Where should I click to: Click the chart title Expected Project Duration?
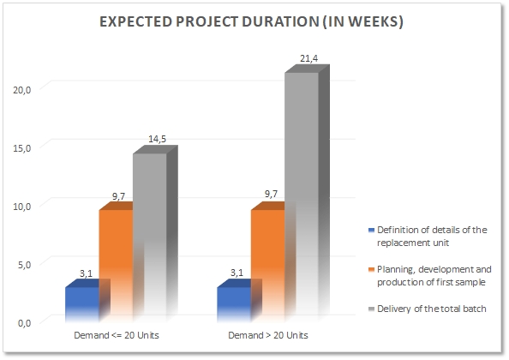point(251,21)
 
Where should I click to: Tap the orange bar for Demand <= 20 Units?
point(117,262)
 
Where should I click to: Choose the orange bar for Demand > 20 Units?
point(268,262)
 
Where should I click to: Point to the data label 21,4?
point(309,58)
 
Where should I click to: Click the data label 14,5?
point(157,139)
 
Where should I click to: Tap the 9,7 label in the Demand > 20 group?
point(271,194)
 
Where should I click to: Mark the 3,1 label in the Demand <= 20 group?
point(86,273)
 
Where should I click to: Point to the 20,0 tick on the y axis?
point(22,90)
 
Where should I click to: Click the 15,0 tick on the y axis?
point(22,148)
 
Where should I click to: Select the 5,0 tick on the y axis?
point(24,265)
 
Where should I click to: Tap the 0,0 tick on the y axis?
point(24,323)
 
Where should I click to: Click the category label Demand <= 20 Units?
point(117,335)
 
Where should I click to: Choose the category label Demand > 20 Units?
point(268,335)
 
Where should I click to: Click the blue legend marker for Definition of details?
point(372,231)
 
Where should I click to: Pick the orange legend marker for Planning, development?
point(372,270)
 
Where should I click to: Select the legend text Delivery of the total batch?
point(432,309)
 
